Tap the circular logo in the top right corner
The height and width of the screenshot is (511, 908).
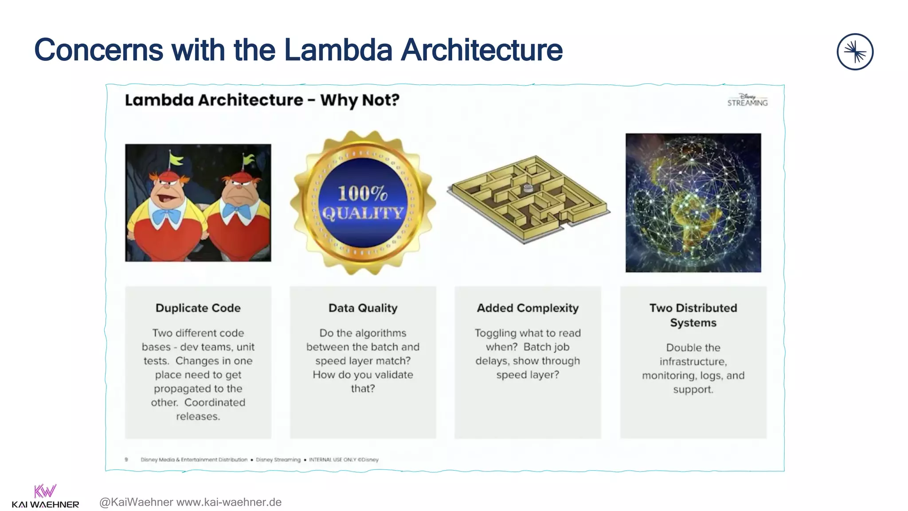tap(855, 52)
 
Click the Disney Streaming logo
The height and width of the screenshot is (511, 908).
tap(747, 100)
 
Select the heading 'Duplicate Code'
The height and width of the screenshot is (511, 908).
tap(198, 308)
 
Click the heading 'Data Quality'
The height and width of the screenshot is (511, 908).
tap(363, 308)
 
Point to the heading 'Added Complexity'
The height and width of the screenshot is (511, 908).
tap(528, 308)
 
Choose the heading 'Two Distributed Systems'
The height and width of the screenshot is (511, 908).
tap(693, 315)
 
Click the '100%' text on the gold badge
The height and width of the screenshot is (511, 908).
tap(362, 193)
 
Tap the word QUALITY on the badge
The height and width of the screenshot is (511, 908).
tap(363, 213)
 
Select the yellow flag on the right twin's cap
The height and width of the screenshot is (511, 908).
tap(248, 158)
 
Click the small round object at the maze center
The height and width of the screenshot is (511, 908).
tap(528, 188)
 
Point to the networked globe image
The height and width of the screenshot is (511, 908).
tap(693, 203)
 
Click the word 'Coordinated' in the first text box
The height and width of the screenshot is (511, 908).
tap(215, 402)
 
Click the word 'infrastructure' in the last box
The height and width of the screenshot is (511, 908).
tap(693, 362)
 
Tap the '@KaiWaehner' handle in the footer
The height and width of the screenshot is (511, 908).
tap(136, 502)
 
